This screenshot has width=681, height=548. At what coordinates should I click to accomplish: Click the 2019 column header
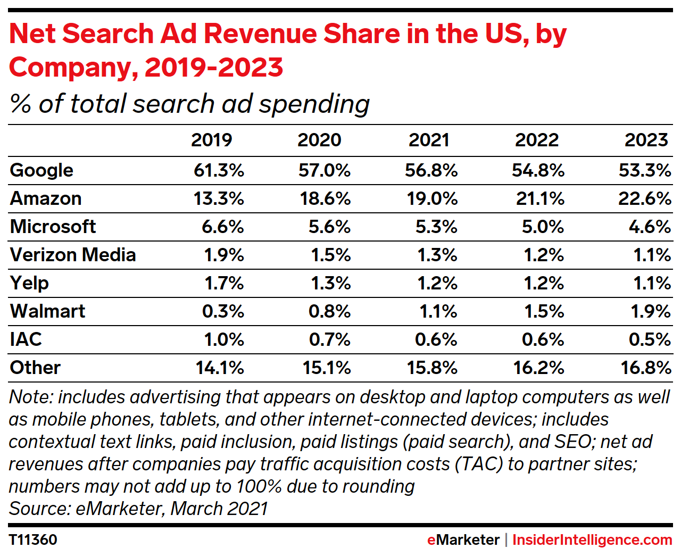click(x=211, y=140)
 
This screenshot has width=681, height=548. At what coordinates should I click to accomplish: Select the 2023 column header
click(x=646, y=140)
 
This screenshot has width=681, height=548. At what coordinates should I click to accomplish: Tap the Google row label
click(x=41, y=170)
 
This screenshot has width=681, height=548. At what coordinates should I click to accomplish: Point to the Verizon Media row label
click(x=73, y=255)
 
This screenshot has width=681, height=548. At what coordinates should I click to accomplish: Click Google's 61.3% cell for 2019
click(x=219, y=170)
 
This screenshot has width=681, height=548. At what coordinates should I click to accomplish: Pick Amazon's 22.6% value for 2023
click(x=644, y=198)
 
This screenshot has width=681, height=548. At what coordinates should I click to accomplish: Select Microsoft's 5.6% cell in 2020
click(x=329, y=227)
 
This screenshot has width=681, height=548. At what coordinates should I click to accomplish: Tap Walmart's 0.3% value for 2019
click(x=223, y=311)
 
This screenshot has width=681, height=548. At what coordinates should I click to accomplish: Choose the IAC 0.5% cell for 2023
click(x=649, y=339)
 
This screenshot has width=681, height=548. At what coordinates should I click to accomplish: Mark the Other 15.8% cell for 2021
click(x=432, y=368)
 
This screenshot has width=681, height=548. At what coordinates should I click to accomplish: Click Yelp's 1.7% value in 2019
click(x=224, y=283)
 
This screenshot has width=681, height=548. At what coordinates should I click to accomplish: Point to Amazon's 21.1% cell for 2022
click(x=540, y=198)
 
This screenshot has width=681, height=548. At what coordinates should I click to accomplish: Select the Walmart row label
click(x=47, y=311)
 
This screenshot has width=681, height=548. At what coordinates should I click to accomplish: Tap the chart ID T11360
click(x=33, y=539)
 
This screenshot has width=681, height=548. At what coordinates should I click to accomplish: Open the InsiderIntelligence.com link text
click(x=592, y=539)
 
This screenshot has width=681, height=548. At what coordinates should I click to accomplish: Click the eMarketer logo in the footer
click(x=463, y=539)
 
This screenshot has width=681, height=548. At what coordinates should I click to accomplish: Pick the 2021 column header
click(x=429, y=140)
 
